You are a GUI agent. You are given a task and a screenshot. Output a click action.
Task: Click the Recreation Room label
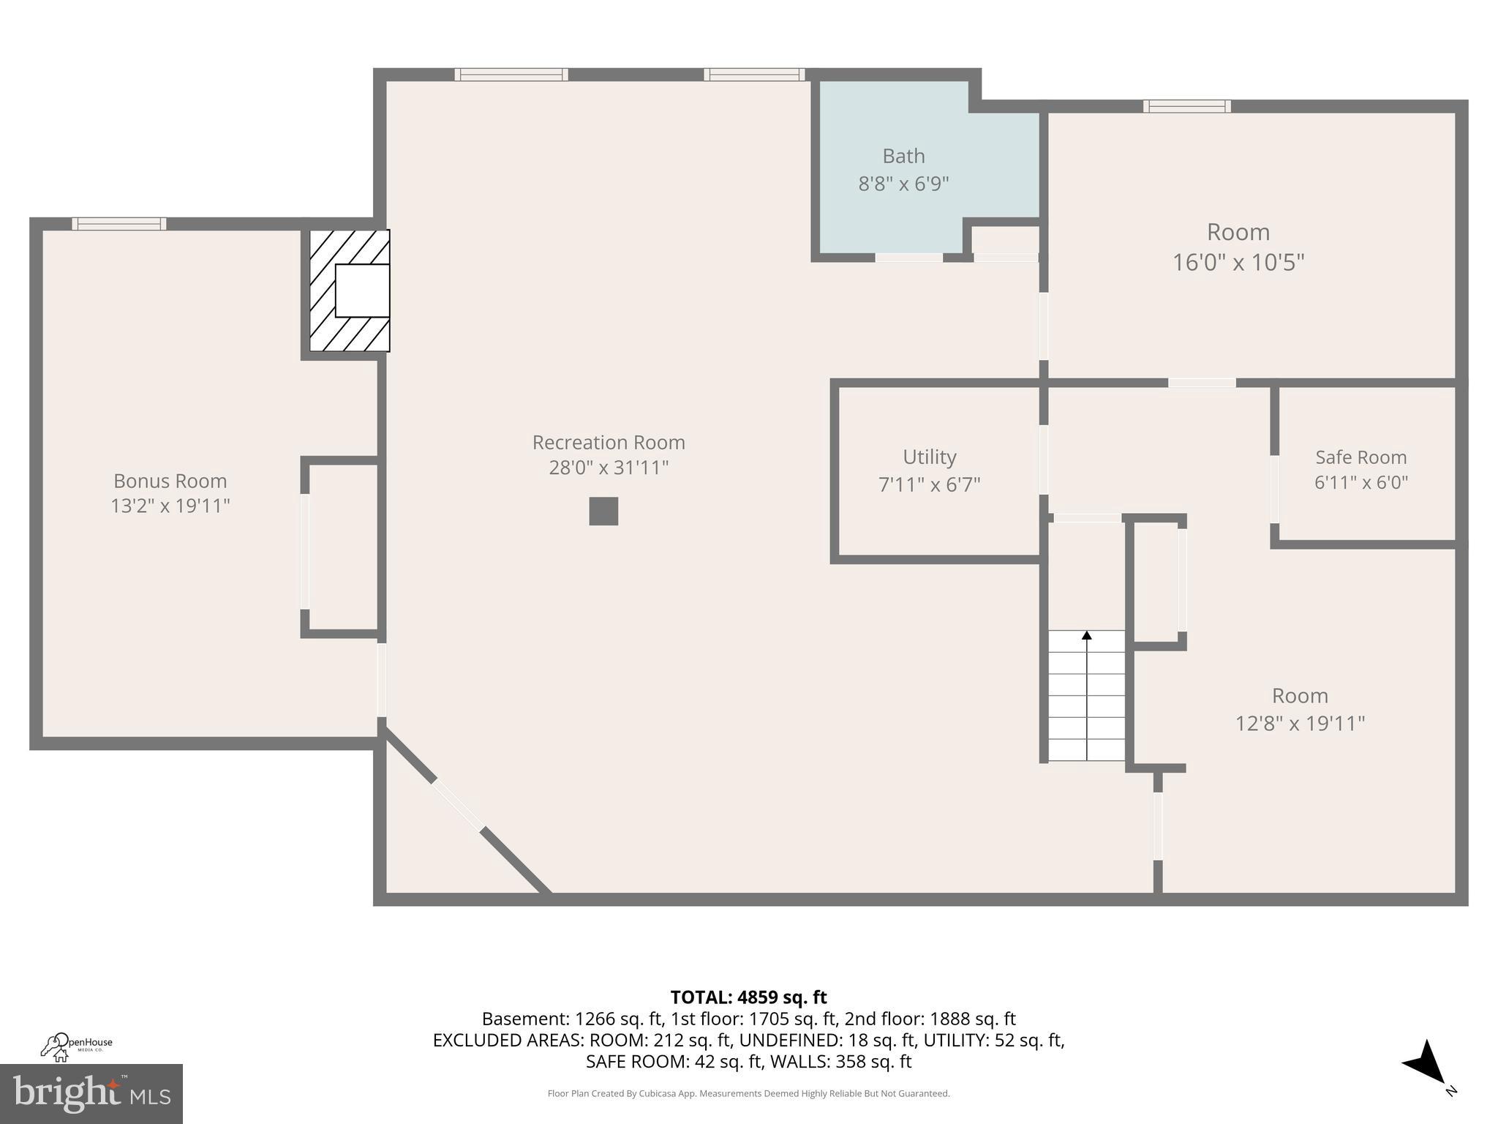pos(608,443)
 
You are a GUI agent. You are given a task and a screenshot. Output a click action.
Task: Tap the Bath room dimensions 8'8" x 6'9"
pos(903,184)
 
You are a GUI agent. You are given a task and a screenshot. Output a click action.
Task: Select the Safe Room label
pos(1360,457)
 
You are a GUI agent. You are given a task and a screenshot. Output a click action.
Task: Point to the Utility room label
pos(929,457)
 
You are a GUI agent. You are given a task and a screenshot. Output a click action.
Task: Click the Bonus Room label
pos(170,481)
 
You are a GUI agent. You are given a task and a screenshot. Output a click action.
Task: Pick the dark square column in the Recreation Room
pos(603,512)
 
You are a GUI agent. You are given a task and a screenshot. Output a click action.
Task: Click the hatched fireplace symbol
pos(349,291)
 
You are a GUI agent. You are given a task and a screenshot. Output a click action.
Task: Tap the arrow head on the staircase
pos(1087,635)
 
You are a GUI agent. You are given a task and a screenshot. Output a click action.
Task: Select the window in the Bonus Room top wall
pos(119,224)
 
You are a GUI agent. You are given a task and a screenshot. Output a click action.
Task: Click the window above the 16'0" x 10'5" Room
pos(1186,106)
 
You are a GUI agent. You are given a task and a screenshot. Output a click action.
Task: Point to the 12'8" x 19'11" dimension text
pos(1300,724)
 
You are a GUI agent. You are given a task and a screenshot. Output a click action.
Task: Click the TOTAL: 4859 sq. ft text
pos(748,997)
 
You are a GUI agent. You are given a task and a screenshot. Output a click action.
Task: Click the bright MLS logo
pos(91,1093)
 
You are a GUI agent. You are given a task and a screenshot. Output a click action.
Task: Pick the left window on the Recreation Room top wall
pos(511,75)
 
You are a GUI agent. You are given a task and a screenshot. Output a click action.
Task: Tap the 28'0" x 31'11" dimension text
pos(608,468)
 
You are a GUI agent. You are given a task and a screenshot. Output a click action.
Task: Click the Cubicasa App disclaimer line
pos(748,1093)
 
